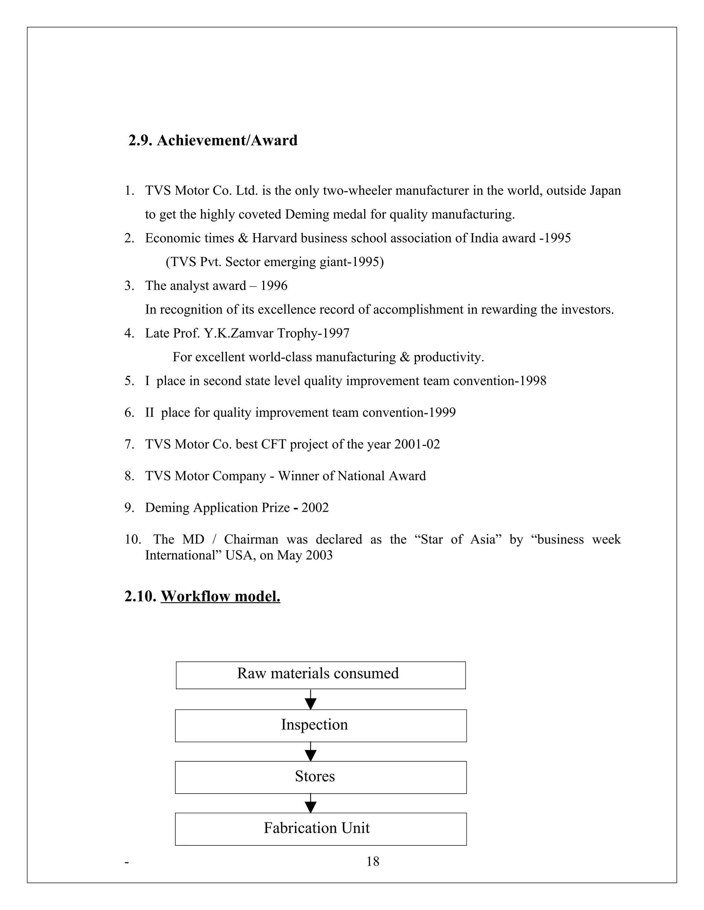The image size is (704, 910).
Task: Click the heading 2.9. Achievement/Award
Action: [x=213, y=140]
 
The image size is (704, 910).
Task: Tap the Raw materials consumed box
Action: [x=320, y=675]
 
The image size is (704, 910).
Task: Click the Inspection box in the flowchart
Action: [x=320, y=725]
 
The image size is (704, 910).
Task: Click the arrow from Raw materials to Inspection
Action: [x=310, y=699]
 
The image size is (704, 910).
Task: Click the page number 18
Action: [x=372, y=861]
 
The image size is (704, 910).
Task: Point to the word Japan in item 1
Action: [x=605, y=191]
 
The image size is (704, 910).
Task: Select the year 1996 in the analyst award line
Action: [x=274, y=286]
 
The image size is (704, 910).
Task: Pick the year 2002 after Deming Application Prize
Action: [x=315, y=508]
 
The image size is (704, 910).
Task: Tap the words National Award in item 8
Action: [x=382, y=476]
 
